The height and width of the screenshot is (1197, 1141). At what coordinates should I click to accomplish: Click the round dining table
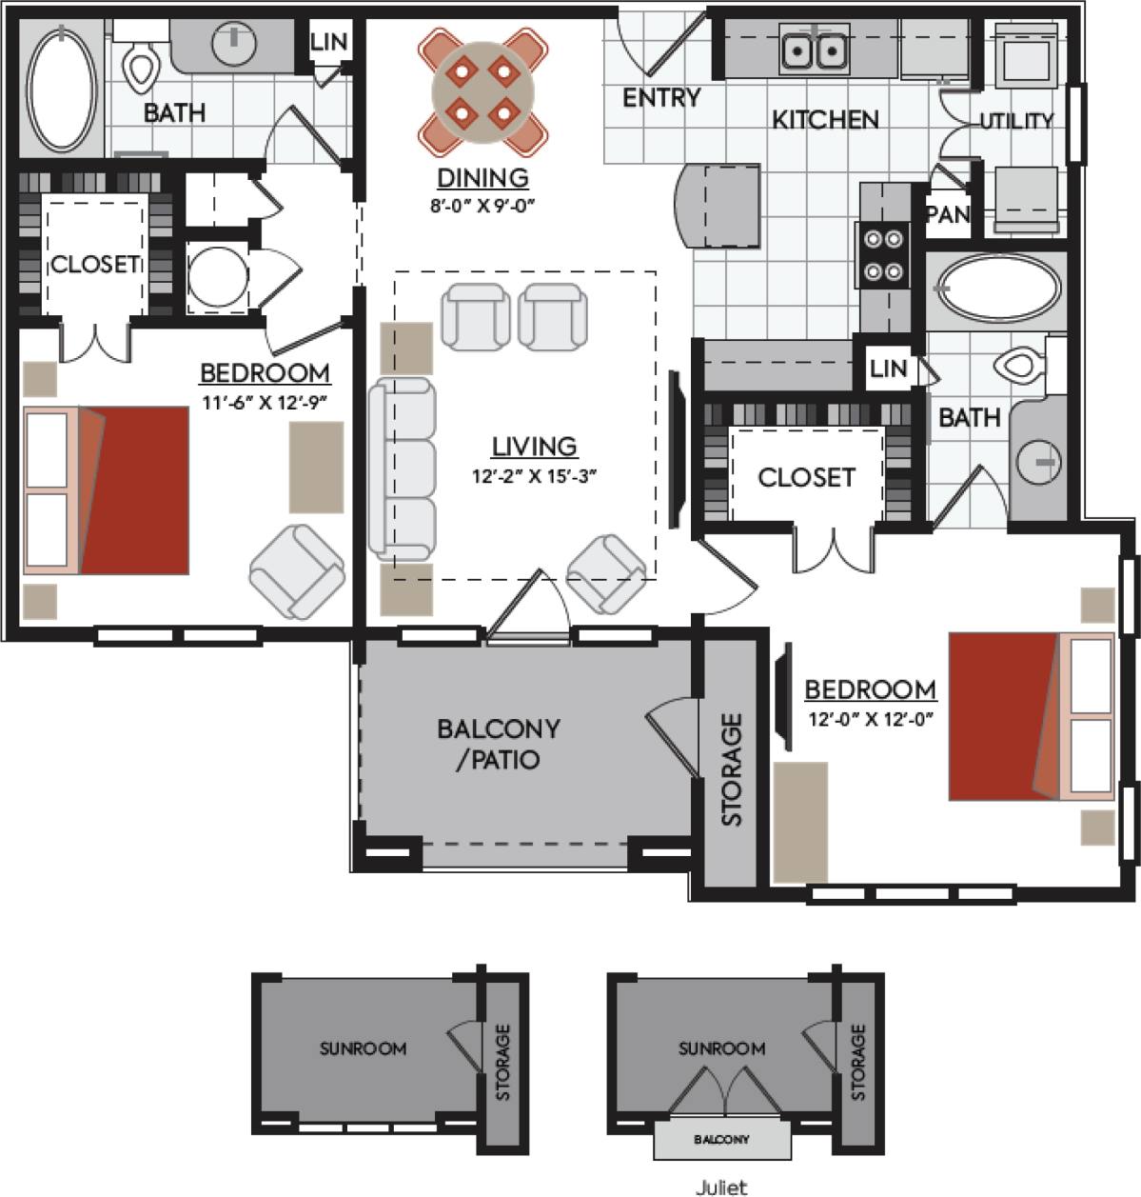click(x=482, y=91)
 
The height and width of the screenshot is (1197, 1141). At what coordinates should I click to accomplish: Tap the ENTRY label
click(x=660, y=97)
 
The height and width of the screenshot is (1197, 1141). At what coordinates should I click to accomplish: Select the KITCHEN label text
click(x=824, y=120)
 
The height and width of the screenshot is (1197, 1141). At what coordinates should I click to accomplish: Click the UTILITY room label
click(x=1016, y=121)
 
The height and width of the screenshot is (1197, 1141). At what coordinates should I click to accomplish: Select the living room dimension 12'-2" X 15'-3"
click(x=534, y=476)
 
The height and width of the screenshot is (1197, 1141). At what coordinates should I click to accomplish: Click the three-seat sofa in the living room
click(x=403, y=469)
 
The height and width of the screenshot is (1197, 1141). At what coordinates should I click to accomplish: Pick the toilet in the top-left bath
click(x=141, y=63)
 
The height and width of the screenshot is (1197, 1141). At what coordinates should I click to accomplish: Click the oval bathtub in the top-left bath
click(x=62, y=90)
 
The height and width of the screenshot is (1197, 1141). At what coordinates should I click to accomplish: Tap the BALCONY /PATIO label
click(x=498, y=744)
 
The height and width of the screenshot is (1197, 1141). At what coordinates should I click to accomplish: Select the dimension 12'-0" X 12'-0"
click(x=870, y=720)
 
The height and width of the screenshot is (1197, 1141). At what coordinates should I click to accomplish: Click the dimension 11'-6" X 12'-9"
click(x=265, y=402)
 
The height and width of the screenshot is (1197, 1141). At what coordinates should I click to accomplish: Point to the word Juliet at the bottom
click(x=721, y=1187)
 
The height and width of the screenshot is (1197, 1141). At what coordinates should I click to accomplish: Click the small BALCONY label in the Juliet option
click(x=720, y=1139)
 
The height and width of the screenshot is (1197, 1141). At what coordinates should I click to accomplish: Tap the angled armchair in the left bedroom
click(x=297, y=571)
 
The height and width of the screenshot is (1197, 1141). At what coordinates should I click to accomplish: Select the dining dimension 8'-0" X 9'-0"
click(x=482, y=205)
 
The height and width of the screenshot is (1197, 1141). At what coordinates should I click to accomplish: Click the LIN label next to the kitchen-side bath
click(x=887, y=369)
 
